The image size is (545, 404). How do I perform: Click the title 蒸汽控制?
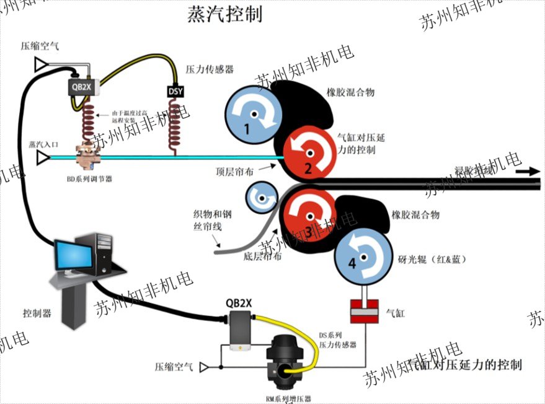tap(224, 15)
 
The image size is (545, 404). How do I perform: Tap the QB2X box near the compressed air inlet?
tap(81, 87)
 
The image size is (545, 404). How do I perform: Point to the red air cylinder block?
tap(365, 311)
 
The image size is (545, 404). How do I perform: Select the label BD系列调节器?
tap(89, 179)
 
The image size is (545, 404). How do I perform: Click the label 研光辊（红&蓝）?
tap(433, 258)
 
